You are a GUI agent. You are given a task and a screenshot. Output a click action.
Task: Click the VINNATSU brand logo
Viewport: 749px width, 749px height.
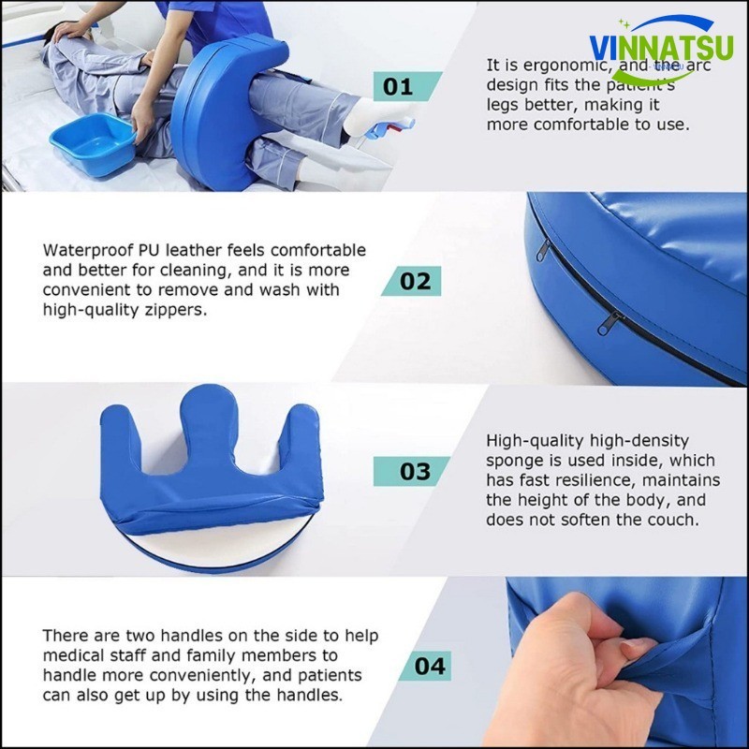pos(661,49)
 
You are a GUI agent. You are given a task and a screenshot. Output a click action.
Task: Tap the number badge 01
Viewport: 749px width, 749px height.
pos(407,86)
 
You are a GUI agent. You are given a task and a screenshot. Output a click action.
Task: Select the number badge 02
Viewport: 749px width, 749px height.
pos(411,281)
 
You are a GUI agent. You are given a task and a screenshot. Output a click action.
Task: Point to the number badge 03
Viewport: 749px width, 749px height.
pos(411,471)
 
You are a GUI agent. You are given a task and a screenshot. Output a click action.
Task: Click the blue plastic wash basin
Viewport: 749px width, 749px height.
pos(93,143)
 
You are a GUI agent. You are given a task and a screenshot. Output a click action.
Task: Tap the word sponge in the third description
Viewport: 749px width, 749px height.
pos(519,462)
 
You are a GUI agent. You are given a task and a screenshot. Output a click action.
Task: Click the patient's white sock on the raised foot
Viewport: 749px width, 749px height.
pos(377,116)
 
